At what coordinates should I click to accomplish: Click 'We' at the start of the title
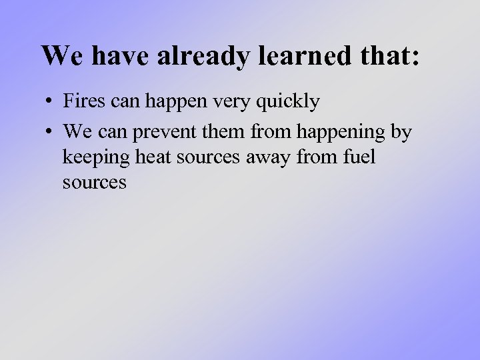63,56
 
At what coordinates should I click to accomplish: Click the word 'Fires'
81,102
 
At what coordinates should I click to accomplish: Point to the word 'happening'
340,133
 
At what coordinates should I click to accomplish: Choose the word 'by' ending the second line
401,133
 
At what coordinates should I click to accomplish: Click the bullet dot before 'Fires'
50,103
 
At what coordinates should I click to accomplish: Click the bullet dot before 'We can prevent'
50,132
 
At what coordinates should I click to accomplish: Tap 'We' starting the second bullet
77,131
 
